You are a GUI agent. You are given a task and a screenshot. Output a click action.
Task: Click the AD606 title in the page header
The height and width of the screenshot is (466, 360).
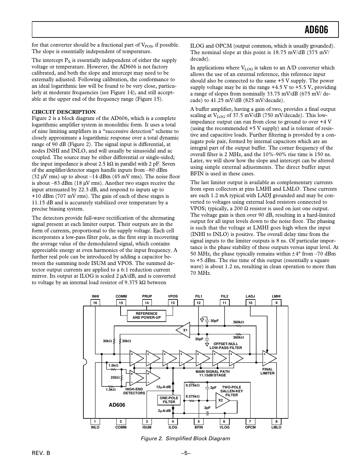pyautogui.click(x=316, y=30)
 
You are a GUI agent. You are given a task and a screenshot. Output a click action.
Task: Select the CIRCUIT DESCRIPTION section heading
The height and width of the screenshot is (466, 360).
pyautogui.click(x=64, y=112)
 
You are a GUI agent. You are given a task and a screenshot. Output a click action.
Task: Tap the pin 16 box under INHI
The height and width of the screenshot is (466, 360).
pyautogui.click(x=95, y=303)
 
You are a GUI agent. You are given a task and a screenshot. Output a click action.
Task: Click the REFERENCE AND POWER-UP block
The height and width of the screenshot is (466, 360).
pyautogui.click(x=146, y=315)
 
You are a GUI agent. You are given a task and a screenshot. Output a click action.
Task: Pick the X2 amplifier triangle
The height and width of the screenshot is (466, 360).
pyautogui.click(x=222, y=400)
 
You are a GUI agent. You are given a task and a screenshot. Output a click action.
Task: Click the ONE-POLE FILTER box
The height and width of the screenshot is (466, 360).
pyautogui.click(x=169, y=400)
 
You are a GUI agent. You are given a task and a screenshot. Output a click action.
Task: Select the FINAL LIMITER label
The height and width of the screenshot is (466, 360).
pyautogui.click(x=267, y=371)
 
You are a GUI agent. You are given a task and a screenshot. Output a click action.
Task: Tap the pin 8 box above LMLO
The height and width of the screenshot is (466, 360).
pyautogui.click(x=276, y=421)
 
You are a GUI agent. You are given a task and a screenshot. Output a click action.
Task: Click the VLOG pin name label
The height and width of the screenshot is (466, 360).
pyautogui.click(x=224, y=427)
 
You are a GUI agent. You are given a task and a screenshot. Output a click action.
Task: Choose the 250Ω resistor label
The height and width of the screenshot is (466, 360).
pyautogui.click(x=115, y=377)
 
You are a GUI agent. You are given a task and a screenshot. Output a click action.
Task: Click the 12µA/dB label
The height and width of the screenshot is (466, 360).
pyautogui.click(x=163, y=387)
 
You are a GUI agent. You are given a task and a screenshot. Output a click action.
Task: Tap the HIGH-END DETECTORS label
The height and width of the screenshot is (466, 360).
pyautogui.click(x=134, y=391)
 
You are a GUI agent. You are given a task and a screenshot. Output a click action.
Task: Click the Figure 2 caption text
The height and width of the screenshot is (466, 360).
pyautogui.click(x=185, y=438)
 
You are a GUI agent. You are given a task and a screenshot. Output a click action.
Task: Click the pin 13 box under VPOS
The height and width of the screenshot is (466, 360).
pyautogui.click(x=173, y=303)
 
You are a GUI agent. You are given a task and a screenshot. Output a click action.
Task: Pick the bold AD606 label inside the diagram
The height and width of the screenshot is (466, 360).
pyautogui.click(x=117, y=405)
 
